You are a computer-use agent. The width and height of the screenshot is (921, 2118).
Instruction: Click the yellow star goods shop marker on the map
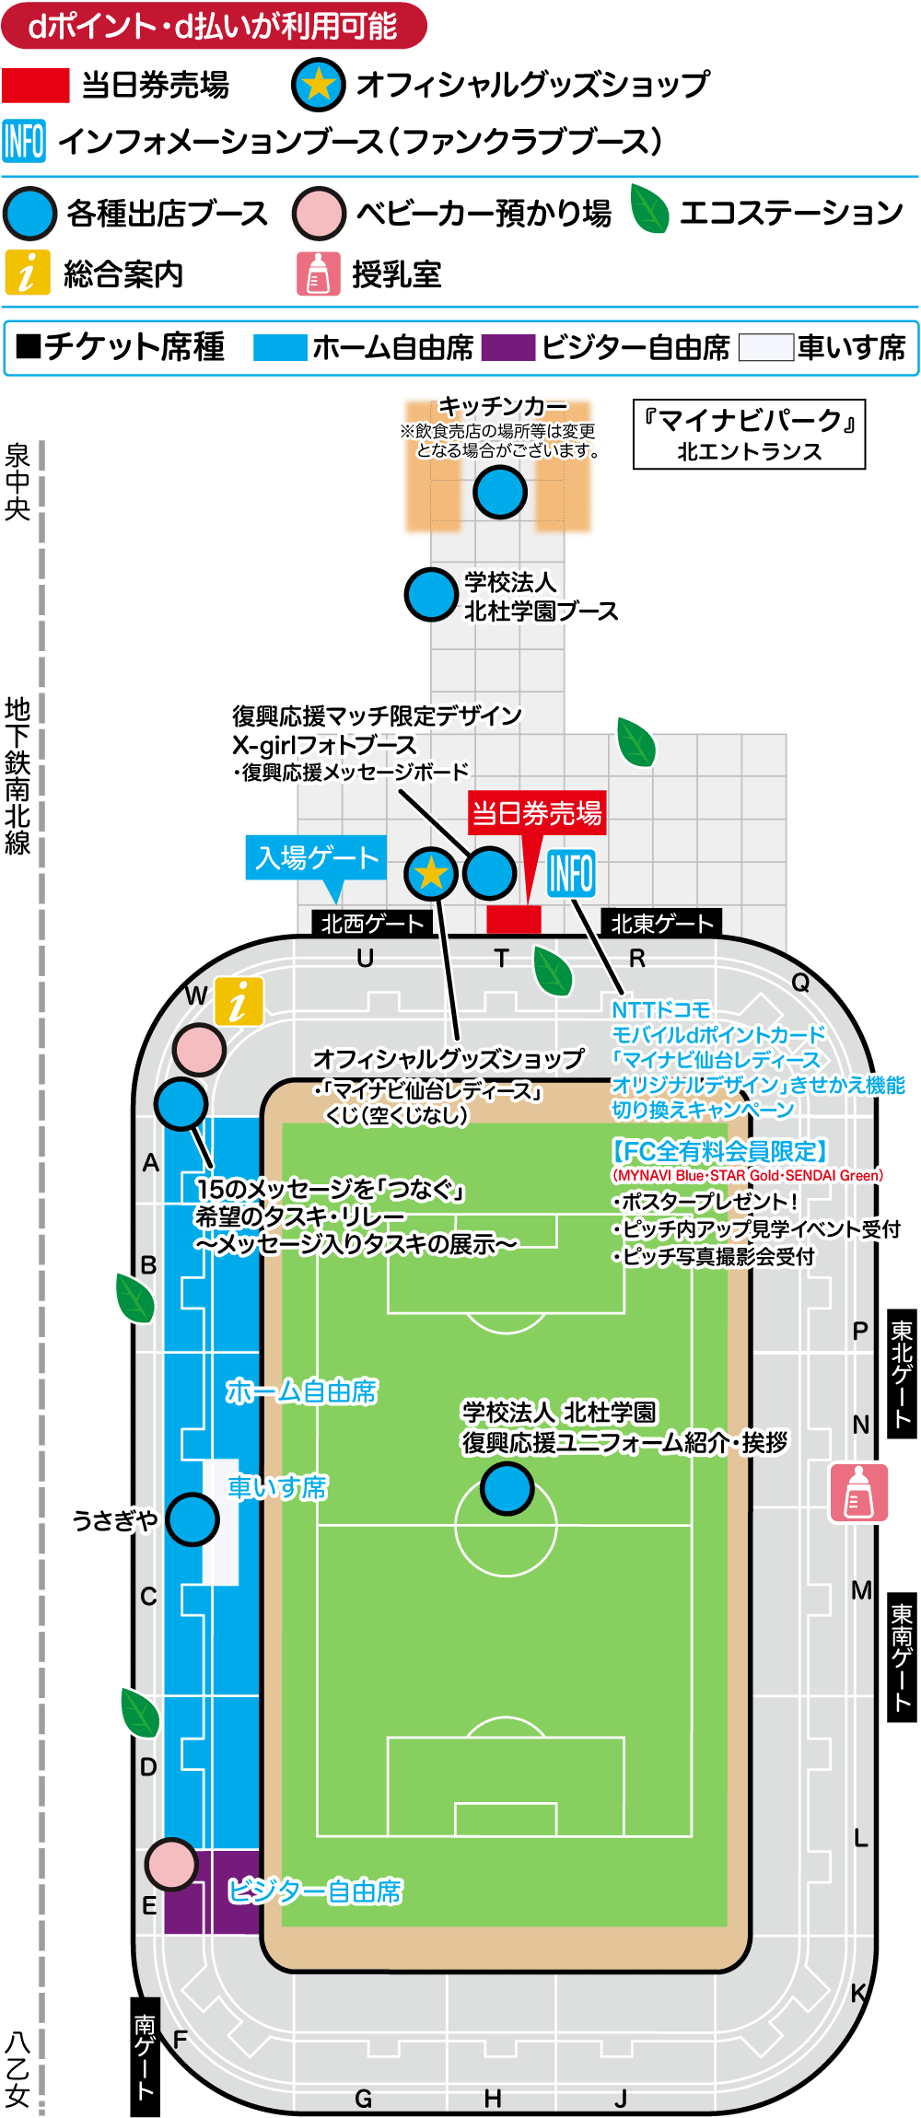point(431,873)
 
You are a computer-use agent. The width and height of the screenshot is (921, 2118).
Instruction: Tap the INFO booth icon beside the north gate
point(571,873)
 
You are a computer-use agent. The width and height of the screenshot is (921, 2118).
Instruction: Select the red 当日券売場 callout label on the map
point(536,813)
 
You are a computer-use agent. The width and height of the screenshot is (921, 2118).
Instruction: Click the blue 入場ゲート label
point(316,857)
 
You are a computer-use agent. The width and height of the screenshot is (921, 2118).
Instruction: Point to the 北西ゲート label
point(372,923)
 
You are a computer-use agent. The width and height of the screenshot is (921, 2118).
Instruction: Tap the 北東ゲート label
point(661,923)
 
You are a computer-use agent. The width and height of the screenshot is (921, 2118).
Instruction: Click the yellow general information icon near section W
point(239,1001)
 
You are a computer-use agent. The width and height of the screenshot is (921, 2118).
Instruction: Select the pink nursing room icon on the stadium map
point(858,1492)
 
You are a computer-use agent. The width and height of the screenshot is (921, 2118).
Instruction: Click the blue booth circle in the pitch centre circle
point(507,1488)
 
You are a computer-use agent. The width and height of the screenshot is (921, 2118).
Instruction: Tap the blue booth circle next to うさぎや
point(192,1519)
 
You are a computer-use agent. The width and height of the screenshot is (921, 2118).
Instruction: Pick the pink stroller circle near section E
point(171,1864)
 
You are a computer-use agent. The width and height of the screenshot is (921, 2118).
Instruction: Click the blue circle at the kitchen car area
point(500,492)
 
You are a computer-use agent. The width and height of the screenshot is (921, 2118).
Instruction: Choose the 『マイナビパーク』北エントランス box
point(749,435)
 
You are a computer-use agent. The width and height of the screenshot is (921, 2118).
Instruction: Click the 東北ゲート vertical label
point(901,1372)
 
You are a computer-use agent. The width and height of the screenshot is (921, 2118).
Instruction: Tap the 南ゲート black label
point(145,2055)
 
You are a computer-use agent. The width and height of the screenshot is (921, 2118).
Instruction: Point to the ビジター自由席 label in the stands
point(315,1891)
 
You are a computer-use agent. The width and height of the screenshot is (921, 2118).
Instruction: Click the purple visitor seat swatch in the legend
point(507,347)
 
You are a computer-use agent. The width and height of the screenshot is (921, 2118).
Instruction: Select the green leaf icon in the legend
point(650,210)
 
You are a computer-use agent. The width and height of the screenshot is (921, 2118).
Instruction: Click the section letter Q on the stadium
point(800,983)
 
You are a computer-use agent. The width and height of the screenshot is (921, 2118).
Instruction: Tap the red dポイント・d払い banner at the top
point(214,26)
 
